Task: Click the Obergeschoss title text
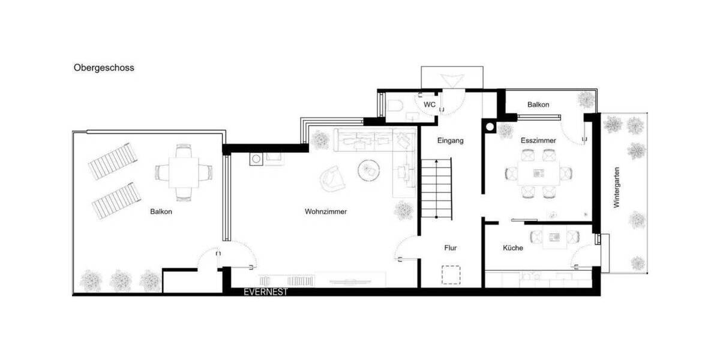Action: tap(104, 68)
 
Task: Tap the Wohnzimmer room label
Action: tap(326, 212)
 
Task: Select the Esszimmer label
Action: tap(538, 140)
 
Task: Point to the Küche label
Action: tap(513, 248)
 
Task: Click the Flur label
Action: tap(451, 247)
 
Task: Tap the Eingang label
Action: tap(451, 140)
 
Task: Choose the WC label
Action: tap(429, 104)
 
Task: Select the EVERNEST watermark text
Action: tap(266, 292)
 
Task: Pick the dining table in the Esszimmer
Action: tap(538, 173)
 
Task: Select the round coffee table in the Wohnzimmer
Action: tap(369, 170)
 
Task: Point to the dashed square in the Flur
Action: tap(451, 274)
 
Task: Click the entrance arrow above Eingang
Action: tap(451, 80)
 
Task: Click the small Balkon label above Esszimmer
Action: tap(538, 104)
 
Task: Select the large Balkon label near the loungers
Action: tap(161, 212)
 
